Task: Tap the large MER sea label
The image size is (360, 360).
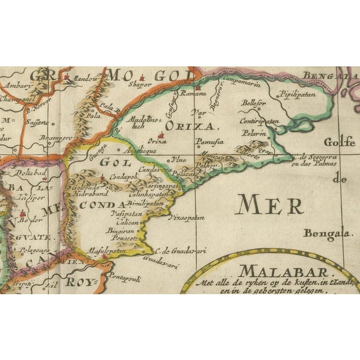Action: (x=271, y=205)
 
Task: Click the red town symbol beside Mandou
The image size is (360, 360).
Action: (x=67, y=77)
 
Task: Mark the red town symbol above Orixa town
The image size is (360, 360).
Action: (x=162, y=135)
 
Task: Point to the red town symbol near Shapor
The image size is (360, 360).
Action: (x=145, y=78)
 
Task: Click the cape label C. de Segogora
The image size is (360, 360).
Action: (x=315, y=157)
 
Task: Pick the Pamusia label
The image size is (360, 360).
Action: (x=210, y=142)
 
